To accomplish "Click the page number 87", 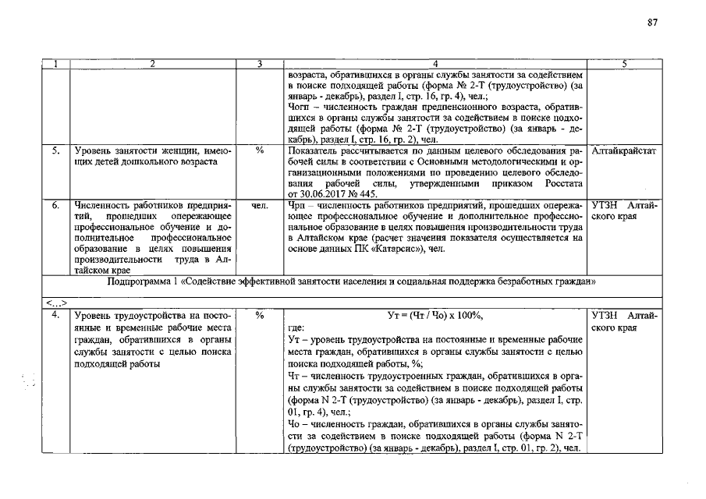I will (x=653, y=23).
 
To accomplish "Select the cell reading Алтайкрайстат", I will (x=624, y=150).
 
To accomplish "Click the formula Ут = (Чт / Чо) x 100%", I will (x=435, y=316).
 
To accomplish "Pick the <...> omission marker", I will (x=56, y=303).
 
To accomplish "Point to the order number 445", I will (x=367, y=193).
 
